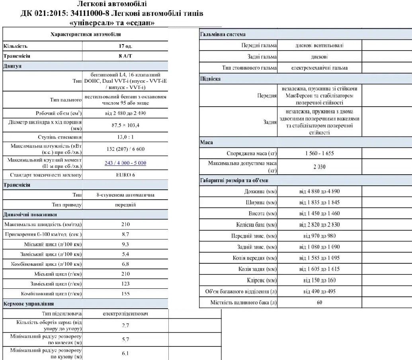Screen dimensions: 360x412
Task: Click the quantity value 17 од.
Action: (x=125, y=46)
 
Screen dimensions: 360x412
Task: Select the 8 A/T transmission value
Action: (x=125, y=56)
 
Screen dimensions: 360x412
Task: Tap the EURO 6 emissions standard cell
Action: (x=125, y=175)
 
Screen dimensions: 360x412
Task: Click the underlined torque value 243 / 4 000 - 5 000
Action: (x=125, y=163)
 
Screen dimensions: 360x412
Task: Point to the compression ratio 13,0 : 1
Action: (x=125, y=137)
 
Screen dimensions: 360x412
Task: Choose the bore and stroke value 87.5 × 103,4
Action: (x=125, y=125)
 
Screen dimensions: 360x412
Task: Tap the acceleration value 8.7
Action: (x=125, y=235)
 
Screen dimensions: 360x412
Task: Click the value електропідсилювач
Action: (x=125, y=314)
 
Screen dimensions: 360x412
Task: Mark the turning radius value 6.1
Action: (x=125, y=353)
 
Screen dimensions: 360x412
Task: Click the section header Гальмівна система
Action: (x=223, y=34)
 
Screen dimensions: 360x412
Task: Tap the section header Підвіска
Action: (x=210, y=79)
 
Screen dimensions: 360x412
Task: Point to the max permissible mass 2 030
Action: (x=319, y=167)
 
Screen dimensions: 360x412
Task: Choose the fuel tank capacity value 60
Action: (x=319, y=302)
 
